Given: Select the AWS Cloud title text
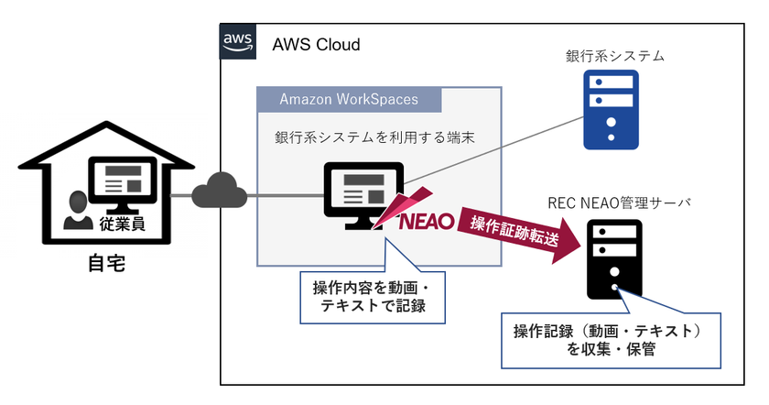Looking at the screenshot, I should tap(316, 44).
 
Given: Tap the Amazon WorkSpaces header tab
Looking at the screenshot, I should tap(348, 99).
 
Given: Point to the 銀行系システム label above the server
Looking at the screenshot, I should tap(614, 57).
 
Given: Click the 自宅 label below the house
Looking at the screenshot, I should tap(105, 266).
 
